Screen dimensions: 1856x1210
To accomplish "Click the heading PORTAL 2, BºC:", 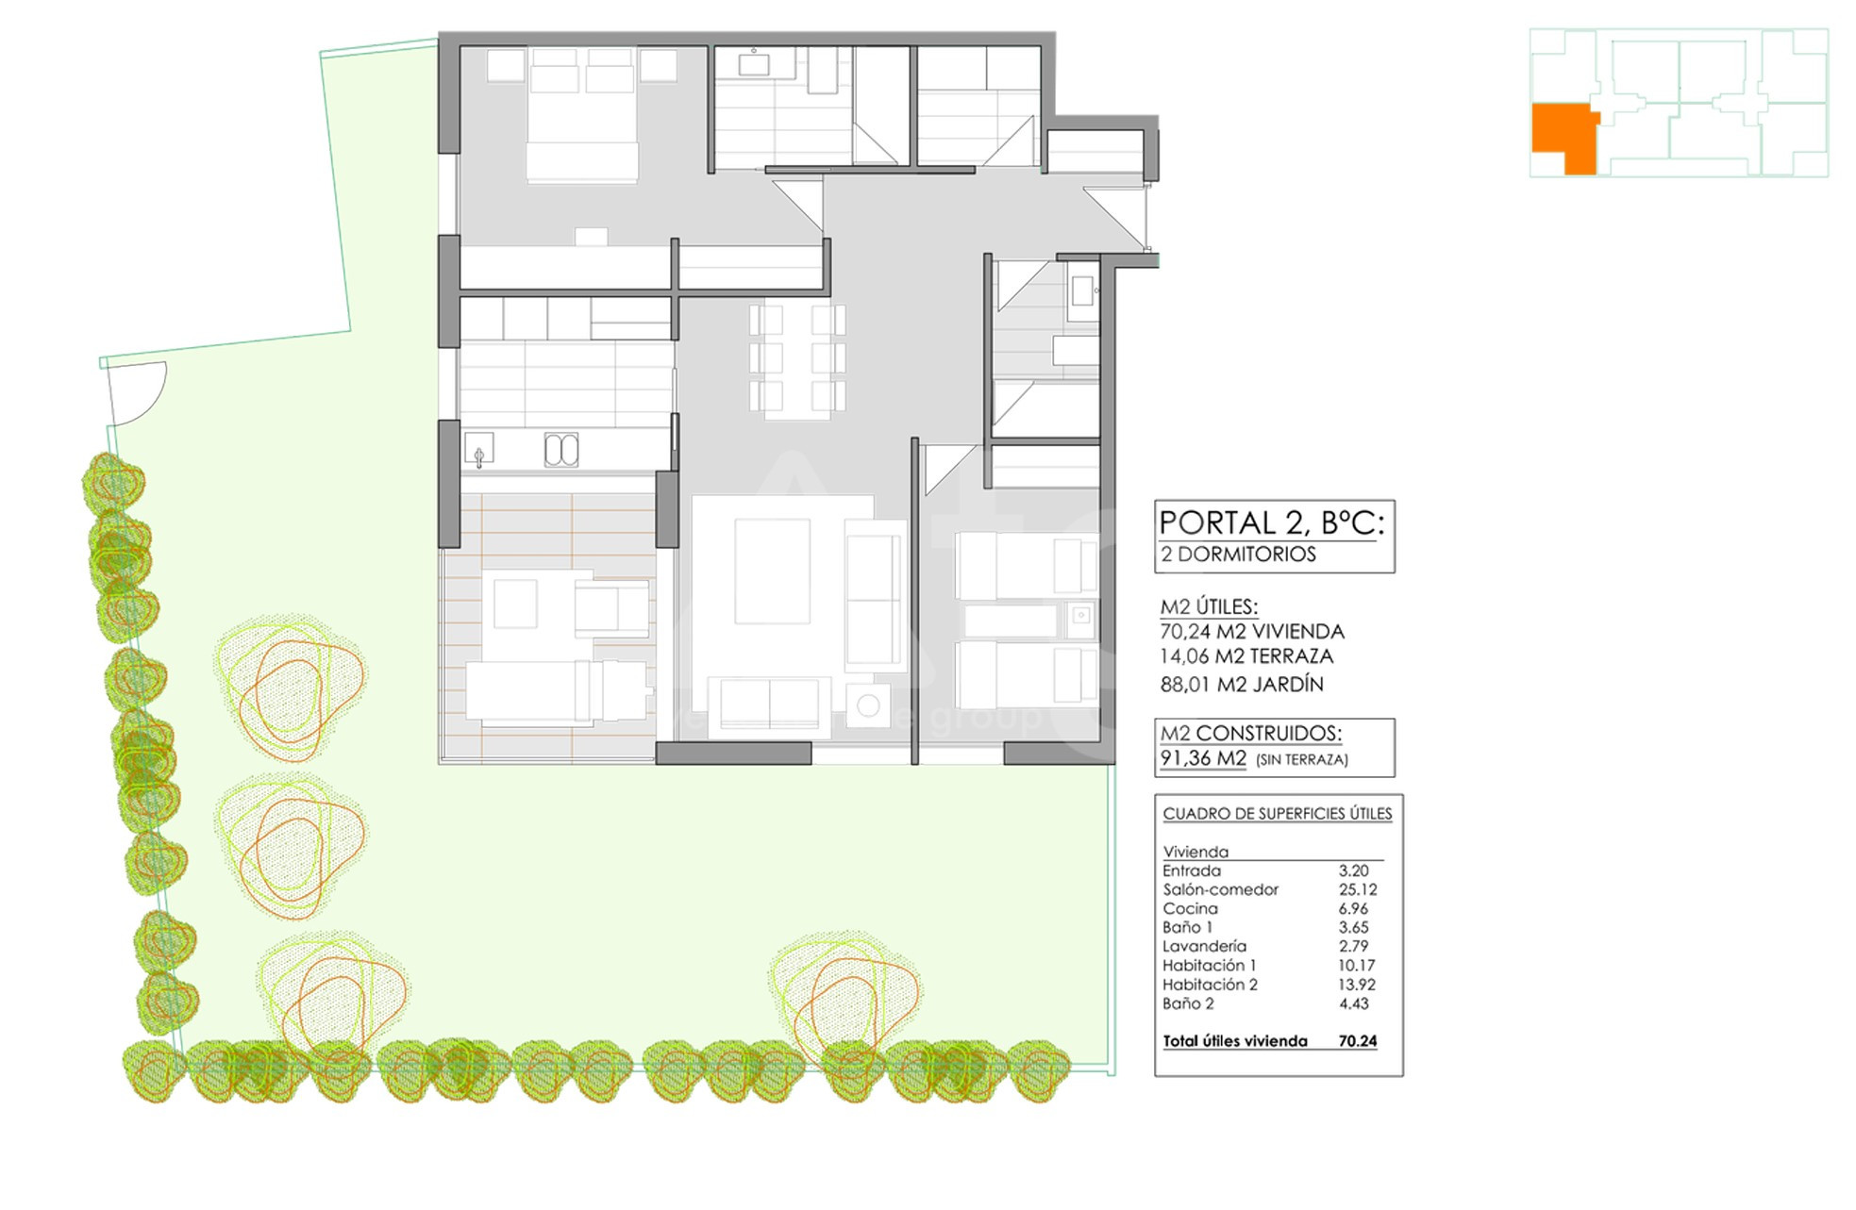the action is tap(1271, 522).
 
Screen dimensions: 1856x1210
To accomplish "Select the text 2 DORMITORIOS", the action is tap(1238, 555).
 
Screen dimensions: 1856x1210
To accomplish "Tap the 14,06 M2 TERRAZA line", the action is tap(1246, 656).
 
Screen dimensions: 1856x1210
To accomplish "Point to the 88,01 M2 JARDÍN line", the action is tap(1242, 684).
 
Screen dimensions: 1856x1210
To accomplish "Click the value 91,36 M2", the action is tap(1203, 758).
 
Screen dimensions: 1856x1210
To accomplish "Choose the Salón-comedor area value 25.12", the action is tap(1358, 889).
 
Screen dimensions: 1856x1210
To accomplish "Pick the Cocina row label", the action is tap(1190, 908).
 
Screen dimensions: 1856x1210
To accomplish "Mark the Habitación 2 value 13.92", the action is tap(1357, 984).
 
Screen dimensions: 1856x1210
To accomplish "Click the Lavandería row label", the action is tap(1204, 946).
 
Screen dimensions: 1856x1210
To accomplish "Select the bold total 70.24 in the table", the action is tap(1358, 1041).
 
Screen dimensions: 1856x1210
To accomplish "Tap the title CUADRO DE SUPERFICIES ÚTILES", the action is tap(1278, 813).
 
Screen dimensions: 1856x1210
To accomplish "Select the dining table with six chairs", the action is tap(797, 360).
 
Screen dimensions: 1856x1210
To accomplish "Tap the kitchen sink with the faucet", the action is tap(479, 450).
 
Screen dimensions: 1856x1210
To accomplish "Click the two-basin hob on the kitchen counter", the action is tap(561, 450).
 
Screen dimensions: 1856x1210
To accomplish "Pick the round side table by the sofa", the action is tap(868, 705).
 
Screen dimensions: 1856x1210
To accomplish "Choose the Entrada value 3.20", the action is tap(1354, 870).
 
